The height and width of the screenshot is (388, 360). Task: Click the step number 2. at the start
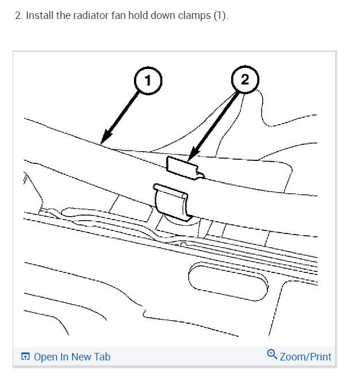(17, 16)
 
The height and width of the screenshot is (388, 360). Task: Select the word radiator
(91, 16)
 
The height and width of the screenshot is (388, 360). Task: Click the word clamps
(198, 16)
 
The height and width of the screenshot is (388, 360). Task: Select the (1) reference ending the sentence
(221, 16)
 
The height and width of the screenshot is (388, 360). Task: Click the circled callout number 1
(148, 81)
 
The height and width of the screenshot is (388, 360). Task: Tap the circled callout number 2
(244, 80)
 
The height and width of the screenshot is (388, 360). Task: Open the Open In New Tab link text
(72, 357)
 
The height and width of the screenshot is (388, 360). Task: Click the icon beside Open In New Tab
(25, 357)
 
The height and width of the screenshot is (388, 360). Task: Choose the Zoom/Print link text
(305, 357)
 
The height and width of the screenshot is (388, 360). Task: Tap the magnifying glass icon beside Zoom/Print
(273, 355)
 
